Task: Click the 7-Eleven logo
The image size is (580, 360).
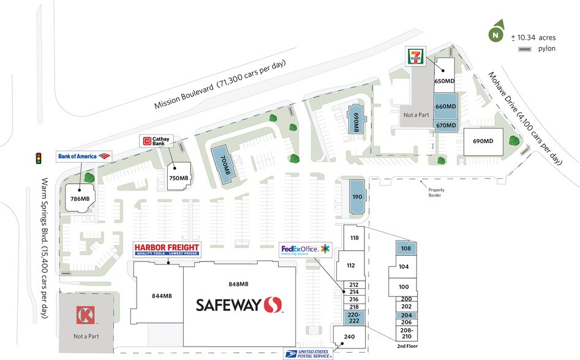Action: coord(414,56)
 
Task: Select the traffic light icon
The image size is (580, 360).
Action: coord(38,159)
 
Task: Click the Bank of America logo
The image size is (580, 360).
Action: coord(85,156)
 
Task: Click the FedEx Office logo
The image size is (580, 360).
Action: coord(305,249)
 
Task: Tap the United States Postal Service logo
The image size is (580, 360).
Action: coord(308,353)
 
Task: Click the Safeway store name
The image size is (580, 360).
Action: coord(238,305)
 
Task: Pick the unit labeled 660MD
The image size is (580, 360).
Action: coord(445,106)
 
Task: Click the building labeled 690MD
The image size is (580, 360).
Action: coord(483,141)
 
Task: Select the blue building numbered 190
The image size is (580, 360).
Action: coord(357,197)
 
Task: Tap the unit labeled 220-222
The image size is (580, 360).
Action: coord(353,317)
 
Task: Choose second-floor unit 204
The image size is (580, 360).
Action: coord(405,315)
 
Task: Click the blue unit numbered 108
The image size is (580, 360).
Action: coord(405,249)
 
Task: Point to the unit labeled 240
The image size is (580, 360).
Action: coord(349,336)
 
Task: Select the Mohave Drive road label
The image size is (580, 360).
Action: coord(524,118)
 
